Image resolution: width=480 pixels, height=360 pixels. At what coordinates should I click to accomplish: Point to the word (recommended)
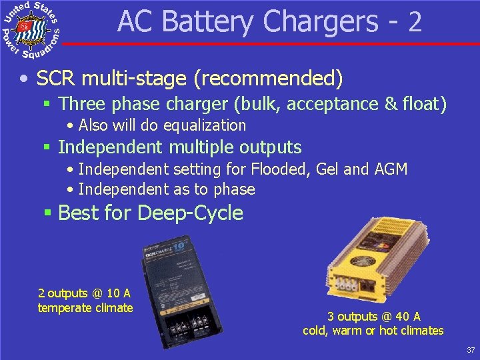point(268,80)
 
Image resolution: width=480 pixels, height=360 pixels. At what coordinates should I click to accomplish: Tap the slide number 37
point(470,350)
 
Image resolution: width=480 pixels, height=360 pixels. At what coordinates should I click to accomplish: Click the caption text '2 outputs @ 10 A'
point(85,293)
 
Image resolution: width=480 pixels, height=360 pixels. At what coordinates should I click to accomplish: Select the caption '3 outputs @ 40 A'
point(373,317)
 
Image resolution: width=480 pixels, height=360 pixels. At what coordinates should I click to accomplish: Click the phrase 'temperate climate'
point(85,307)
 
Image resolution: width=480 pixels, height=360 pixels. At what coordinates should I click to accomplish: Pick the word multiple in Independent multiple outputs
point(209,147)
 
